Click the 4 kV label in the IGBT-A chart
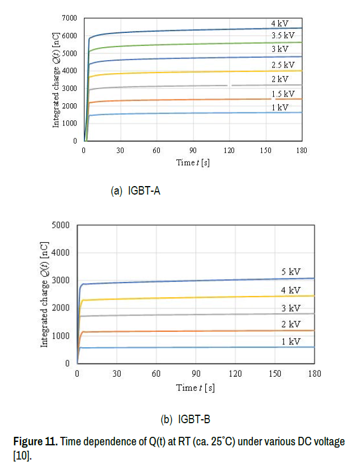tap(279, 23)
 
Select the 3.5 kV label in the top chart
tap(282, 36)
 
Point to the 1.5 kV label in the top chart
tap(282, 94)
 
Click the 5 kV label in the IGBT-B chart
tap(291, 272)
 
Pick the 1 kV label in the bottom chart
tap(291, 342)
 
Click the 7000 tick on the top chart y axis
tap(69, 18)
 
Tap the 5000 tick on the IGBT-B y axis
tap(61, 225)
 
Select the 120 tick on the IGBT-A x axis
tap(229, 150)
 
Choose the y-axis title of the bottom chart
tap(45, 294)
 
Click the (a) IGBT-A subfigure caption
tap(135, 191)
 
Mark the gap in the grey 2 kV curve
tap(230, 85)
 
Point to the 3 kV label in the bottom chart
tap(291, 308)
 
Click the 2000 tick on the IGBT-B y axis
tap(61, 308)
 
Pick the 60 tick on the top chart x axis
tap(156, 150)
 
